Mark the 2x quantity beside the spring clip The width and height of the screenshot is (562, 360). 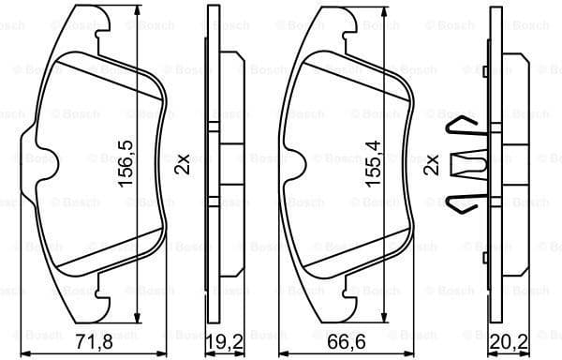(431, 165)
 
